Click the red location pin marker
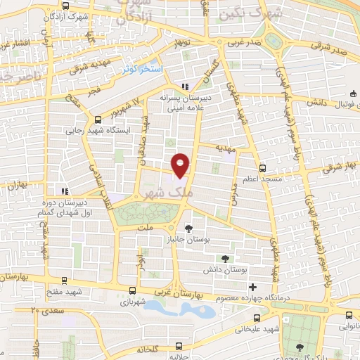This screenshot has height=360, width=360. click(x=181, y=165)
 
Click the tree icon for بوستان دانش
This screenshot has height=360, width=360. click(x=224, y=258)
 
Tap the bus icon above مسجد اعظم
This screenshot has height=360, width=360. click(x=262, y=168)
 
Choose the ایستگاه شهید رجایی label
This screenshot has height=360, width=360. click(x=89, y=130)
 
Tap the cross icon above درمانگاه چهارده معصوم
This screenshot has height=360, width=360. click(x=252, y=287)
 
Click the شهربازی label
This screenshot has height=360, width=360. click(x=133, y=302)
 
